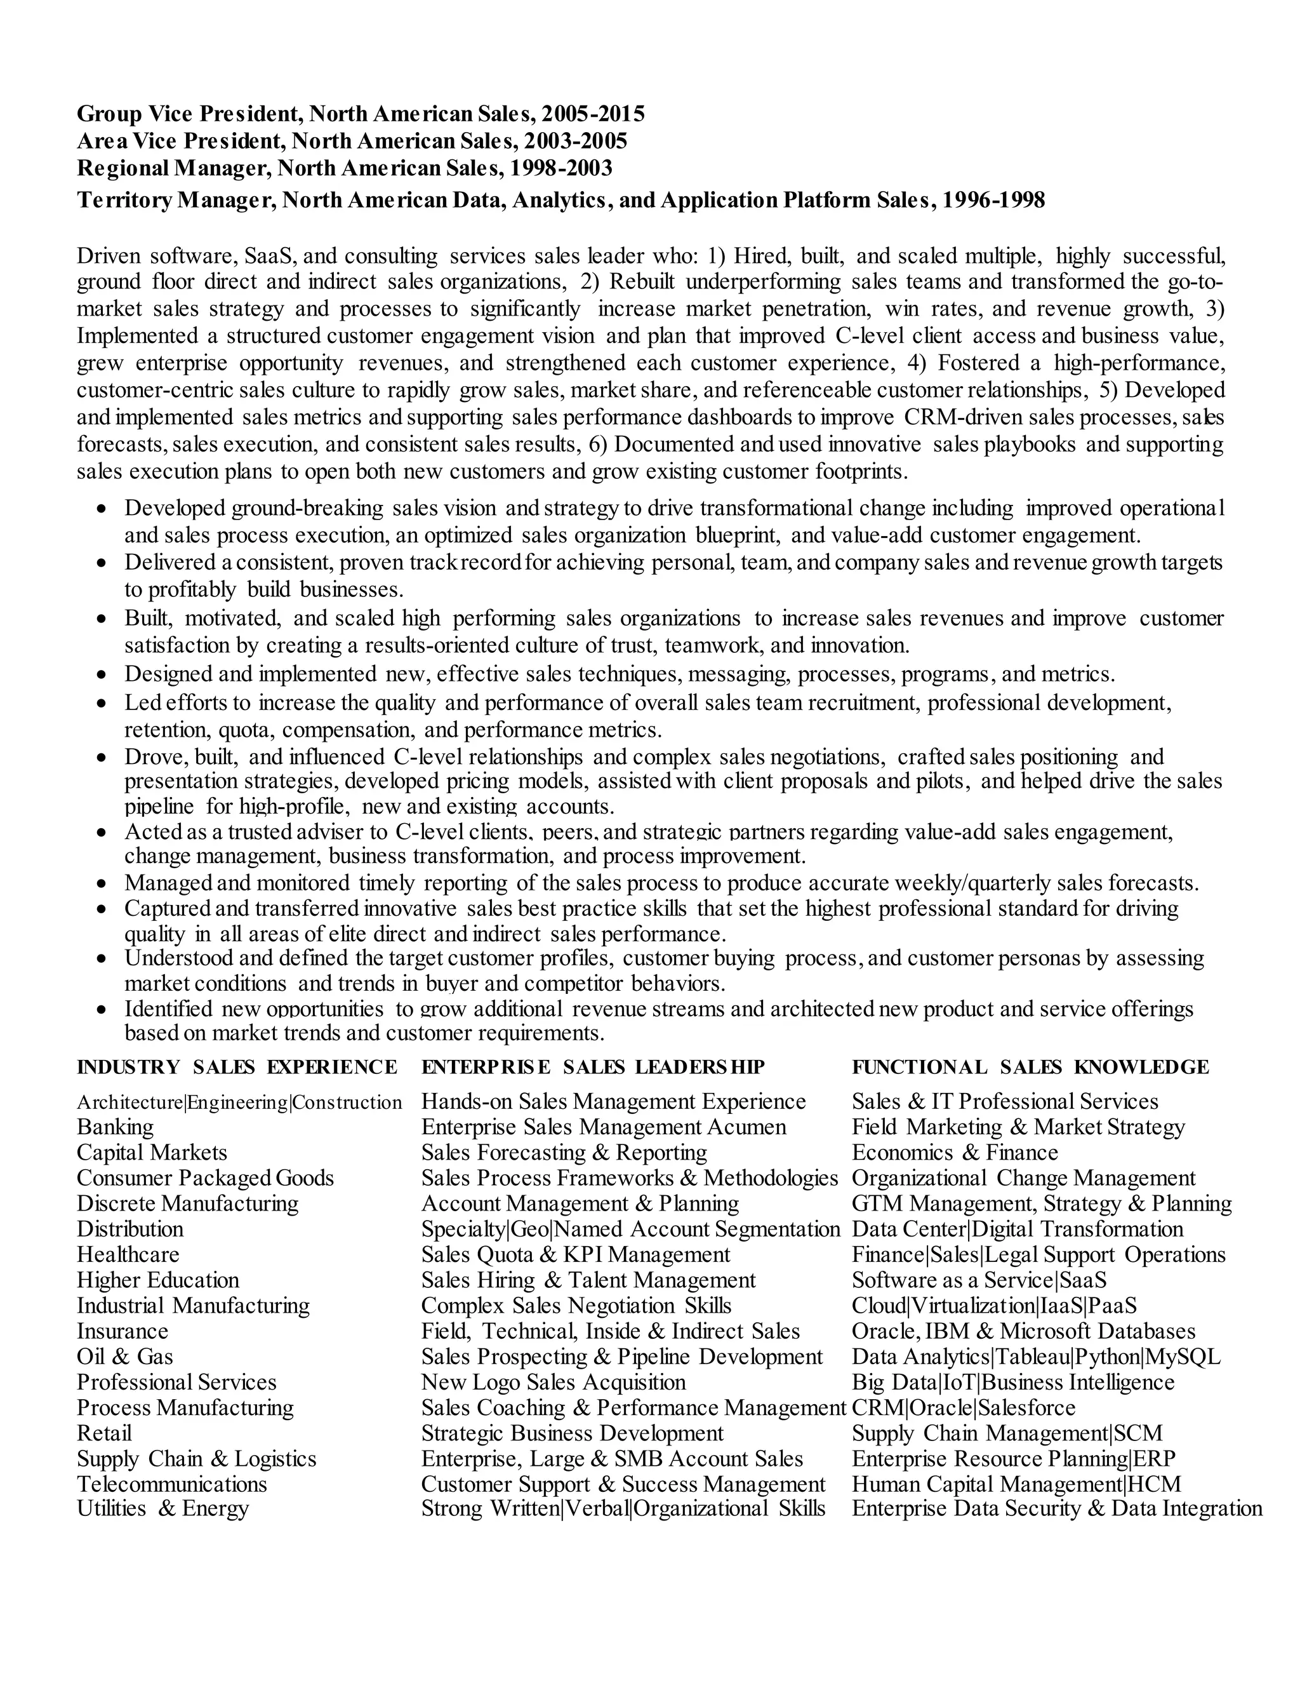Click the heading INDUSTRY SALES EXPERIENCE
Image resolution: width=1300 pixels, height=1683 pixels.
pyautogui.click(x=236, y=1068)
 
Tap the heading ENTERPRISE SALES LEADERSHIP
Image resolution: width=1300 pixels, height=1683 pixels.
pyautogui.click(x=592, y=1068)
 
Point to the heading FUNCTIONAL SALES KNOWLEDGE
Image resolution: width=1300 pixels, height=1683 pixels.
pyautogui.click(x=1030, y=1068)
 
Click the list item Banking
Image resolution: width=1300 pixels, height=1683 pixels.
pyautogui.click(x=115, y=1127)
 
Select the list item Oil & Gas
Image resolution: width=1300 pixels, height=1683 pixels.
pyautogui.click(x=125, y=1357)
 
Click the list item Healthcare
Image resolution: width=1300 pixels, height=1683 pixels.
pyautogui.click(x=128, y=1254)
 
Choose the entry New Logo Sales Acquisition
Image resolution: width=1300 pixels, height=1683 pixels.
pyautogui.click(x=553, y=1382)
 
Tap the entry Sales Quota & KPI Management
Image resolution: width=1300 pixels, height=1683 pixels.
pyautogui.click(x=575, y=1254)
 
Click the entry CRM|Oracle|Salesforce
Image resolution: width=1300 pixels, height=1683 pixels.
pyautogui.click(x=963, y=1407)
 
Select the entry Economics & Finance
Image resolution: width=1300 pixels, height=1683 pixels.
pyautogui.click(x=954, y=1153)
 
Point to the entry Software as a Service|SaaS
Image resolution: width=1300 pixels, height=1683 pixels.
pyautogui.click(x=979, y=1280)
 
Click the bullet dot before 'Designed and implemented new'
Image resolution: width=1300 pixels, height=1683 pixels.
pyautogui.click(x=102, y=675)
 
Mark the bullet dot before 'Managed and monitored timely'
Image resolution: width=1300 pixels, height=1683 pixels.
pyautogui.click(x=102, y=883)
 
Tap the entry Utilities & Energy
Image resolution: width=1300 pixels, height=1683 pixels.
pyautogui.click(x=162, y=1508)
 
